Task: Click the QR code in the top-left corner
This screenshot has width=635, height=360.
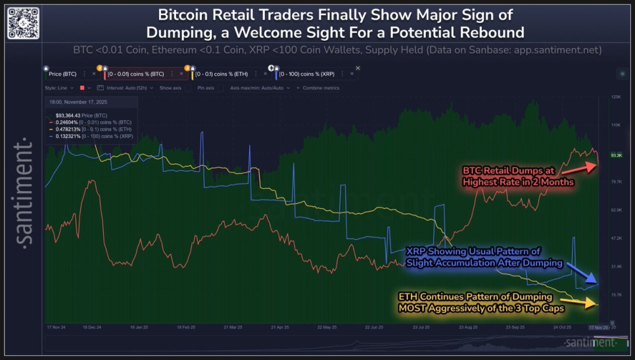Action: coord(23,22)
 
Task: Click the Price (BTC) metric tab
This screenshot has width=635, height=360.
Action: coord(62,74)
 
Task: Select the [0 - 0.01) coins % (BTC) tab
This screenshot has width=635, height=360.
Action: coord(135,74)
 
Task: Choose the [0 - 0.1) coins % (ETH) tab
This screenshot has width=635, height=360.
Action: coord(226,74)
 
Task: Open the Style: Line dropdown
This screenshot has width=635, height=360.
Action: coord(60,87)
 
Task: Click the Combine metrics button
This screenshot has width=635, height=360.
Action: coord(320,87)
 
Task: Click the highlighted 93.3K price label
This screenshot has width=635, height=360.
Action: coord(616,156)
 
